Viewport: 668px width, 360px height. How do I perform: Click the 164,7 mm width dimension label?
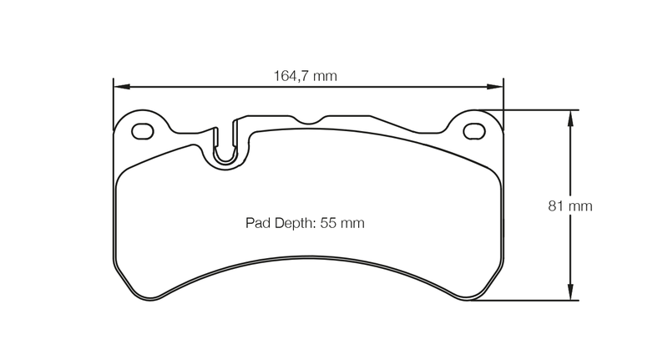click(305, 76)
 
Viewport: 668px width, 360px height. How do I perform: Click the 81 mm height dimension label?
click(570, 205)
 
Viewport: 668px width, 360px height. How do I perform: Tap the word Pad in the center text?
click(257, 223)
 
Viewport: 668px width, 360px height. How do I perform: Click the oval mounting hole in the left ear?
click(144, 130)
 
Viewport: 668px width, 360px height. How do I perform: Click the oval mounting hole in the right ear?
click(473, 130)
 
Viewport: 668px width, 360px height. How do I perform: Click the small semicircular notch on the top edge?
click(309, 120)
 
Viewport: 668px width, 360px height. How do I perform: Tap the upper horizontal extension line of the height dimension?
click(534, 109)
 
